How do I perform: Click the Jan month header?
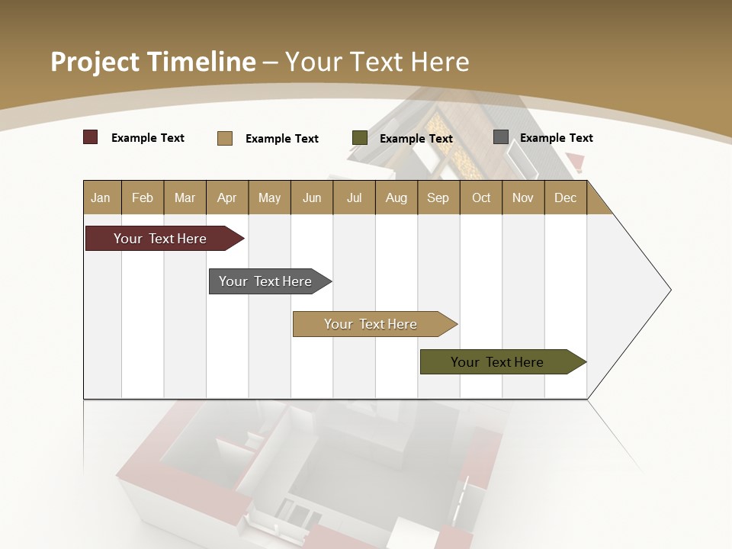pyautogui.click(x=101, y=197)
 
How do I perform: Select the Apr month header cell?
pyautogui.click(x=227, y=197)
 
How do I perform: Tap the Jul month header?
pyautogui.click(x=354, y=197)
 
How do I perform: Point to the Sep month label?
pyautogui.click(x=438, y=197)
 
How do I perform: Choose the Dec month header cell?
pyautogui.click(x=565, y=197)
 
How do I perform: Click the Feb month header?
pyautogui.click(x=143, y=197)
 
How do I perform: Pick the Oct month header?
pyautogui.click(x=481, y=197)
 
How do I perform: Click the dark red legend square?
pyautogui.click(x=91, y=137)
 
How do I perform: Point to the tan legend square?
pyautogui.click(x=225, y=138)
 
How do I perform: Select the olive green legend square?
pyautogui.click(x=360, y=138)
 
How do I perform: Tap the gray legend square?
pyautogui.click(x=501, y=137)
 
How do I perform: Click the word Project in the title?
pyautogui.click(x=94, y=62)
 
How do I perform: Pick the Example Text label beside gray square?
pyautogui.click(x=556, y=138)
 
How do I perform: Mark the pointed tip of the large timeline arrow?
pyautogui.click(x=669, y=290)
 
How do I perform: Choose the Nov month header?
pyautogui.click(x=523, y=197)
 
